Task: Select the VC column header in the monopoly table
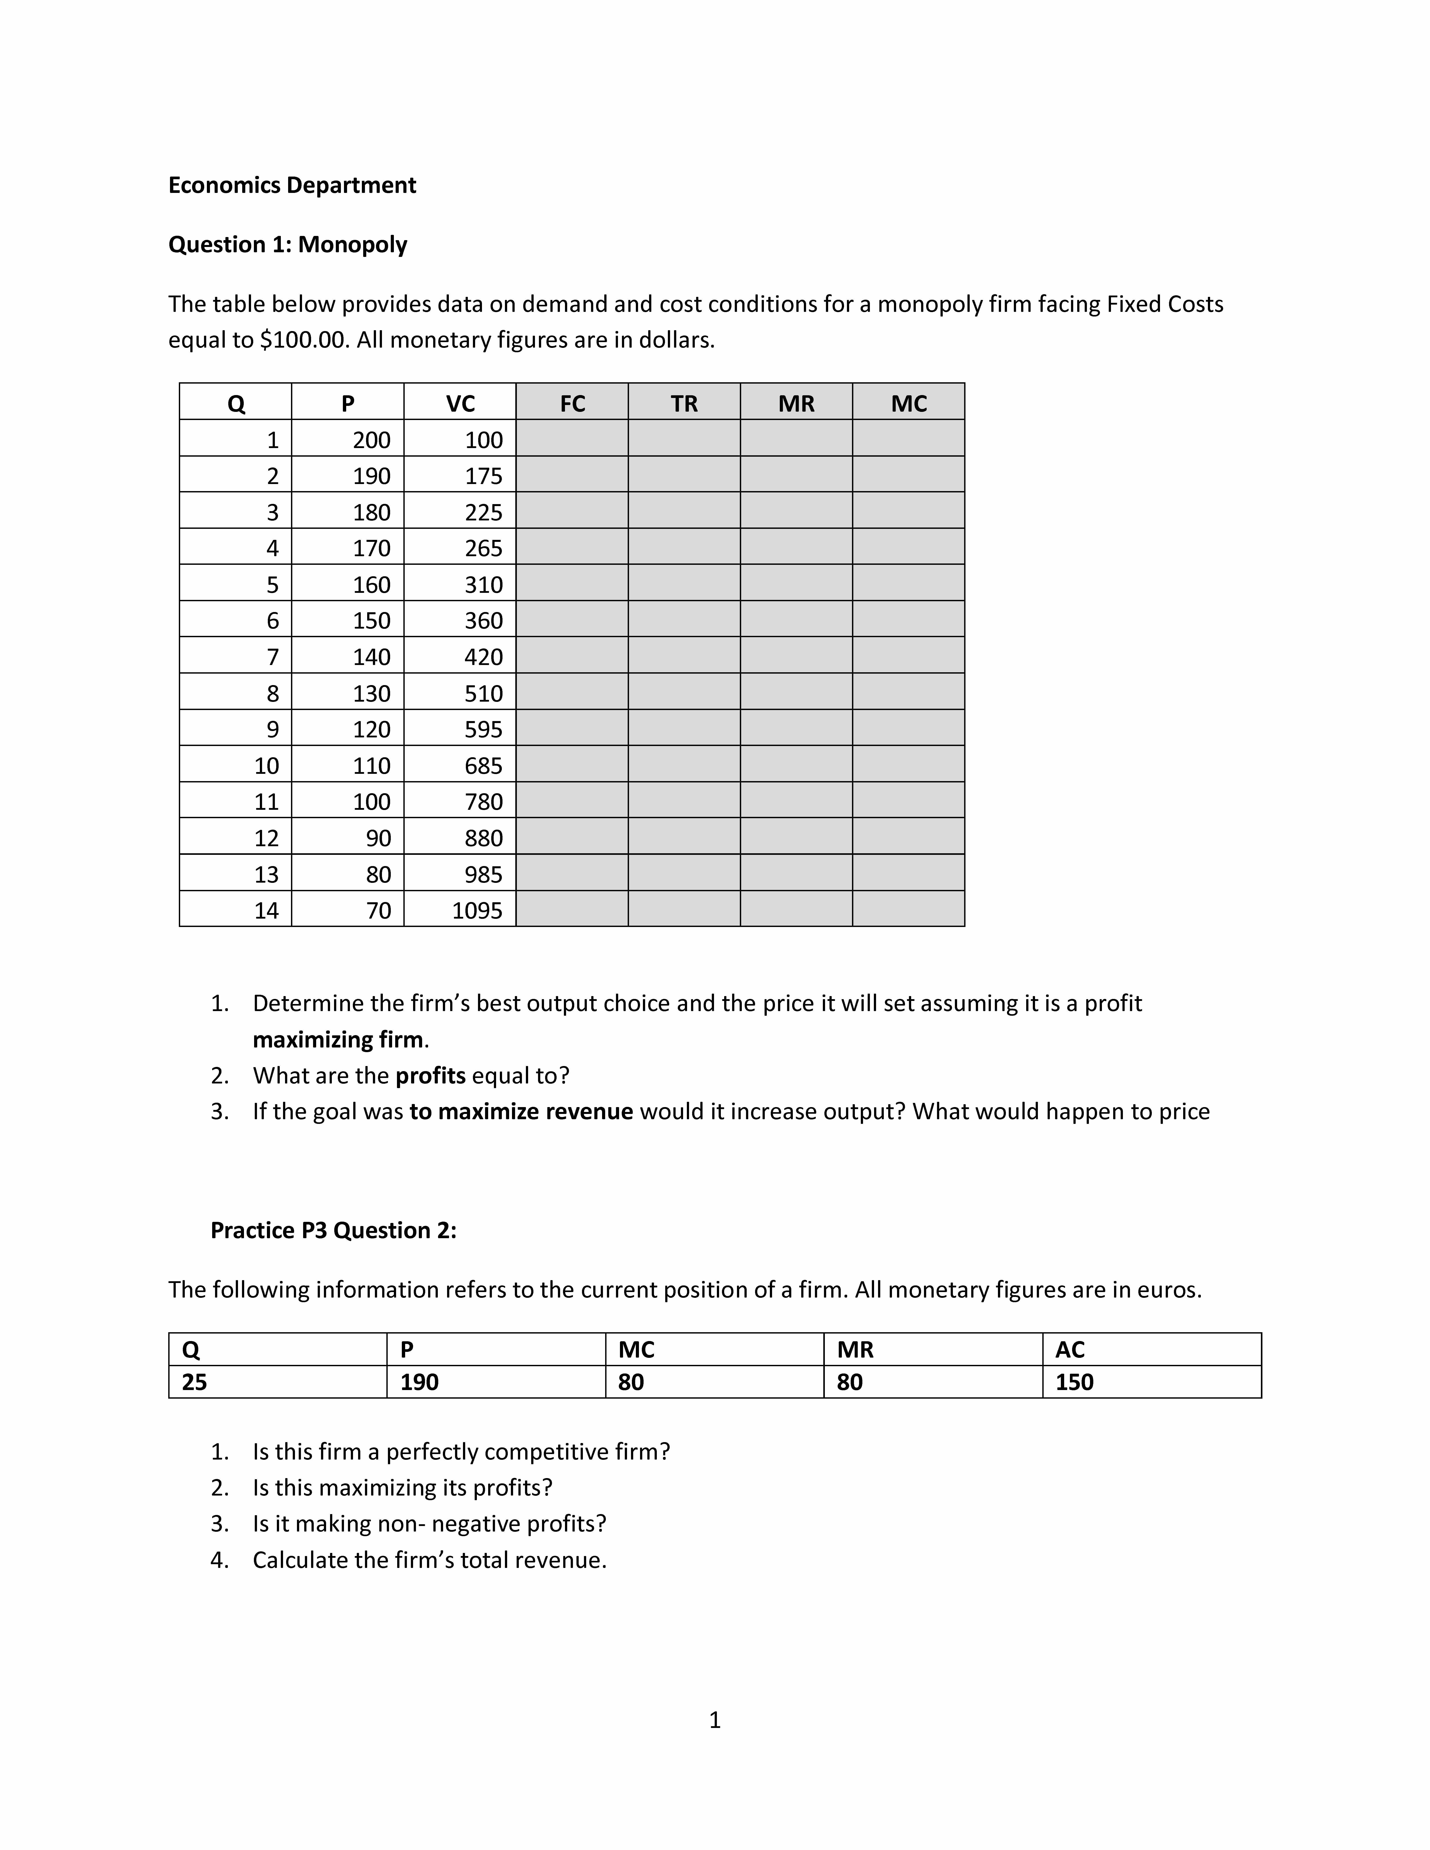(x=460, y=403)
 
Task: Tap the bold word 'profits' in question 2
(x=430, y=1076)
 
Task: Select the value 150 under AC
(x=1074, y=1382)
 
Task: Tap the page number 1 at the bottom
(x=714, y=1720)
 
